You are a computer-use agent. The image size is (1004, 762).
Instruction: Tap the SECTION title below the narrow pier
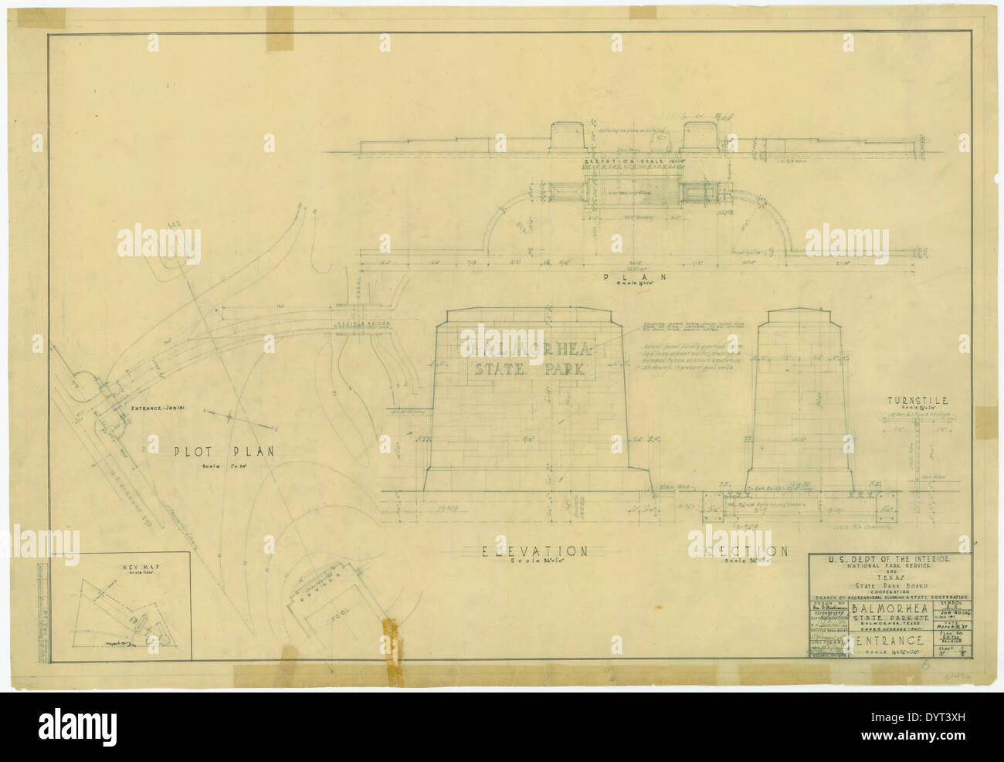coord(745,550)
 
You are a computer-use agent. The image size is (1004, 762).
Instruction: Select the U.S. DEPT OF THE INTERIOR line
coord(887,558)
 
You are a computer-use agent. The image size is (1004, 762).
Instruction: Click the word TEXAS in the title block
coord(888,577)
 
